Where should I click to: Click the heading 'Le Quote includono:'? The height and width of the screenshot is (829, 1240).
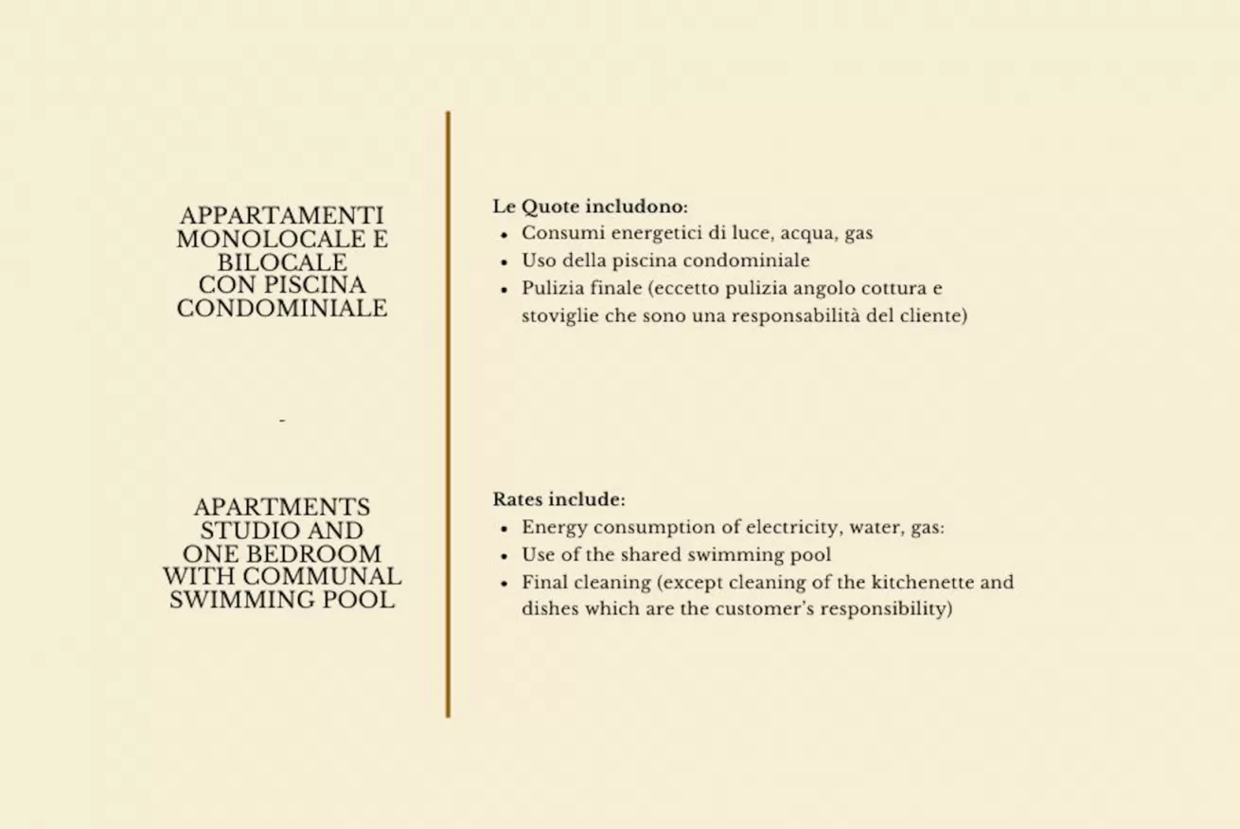(x=590, y=207)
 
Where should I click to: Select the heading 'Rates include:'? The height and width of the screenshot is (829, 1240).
(x=558, y=499)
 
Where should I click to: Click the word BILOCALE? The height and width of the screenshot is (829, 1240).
(x=282, y=262)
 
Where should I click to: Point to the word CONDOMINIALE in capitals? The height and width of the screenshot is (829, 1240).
(x=282, y=309)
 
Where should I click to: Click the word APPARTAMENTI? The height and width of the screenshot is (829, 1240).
(x=282, y=216)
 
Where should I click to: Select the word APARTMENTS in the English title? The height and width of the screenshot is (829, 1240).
(x=282, y=508)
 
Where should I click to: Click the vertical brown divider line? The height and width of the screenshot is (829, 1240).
(x=448, y=414)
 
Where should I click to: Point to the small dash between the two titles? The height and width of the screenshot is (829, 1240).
(x=282, y=420)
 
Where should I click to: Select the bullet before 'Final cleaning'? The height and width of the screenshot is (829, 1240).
(x=505, y=584)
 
